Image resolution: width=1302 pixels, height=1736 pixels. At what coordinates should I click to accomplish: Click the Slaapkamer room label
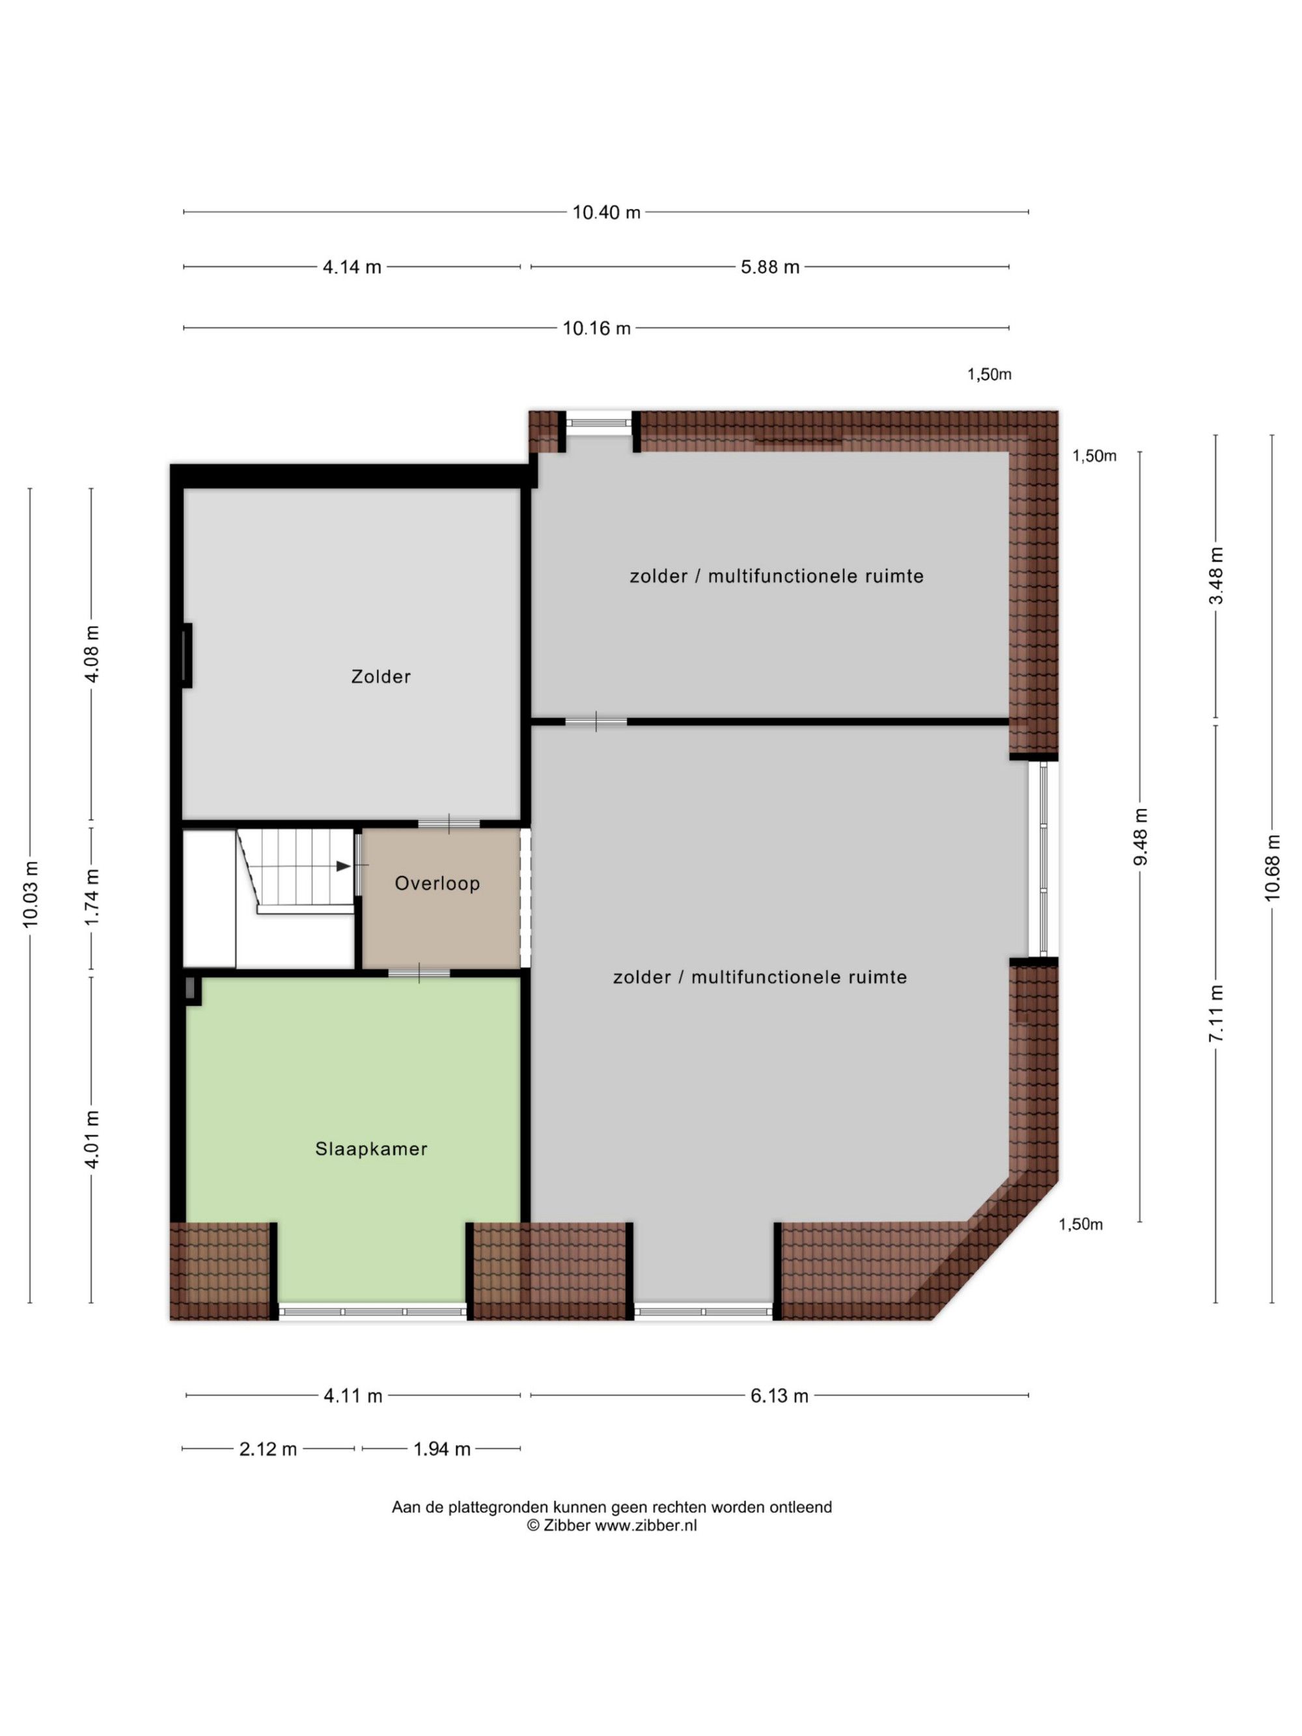[371, 1149]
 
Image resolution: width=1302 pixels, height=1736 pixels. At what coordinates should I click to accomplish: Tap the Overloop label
[437, 884]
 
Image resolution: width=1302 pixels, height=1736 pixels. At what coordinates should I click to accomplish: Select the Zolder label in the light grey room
[381, 676]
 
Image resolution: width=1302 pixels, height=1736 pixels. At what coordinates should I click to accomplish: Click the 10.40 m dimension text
[606, 212]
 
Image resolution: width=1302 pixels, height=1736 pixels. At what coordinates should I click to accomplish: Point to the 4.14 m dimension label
[352, 267]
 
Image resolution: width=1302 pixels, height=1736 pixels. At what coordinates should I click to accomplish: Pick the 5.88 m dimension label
[770, 267]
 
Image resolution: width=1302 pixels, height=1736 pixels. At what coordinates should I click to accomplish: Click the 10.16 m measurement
[596, 328]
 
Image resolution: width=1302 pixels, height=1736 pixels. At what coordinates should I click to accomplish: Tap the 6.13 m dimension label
[779, 1396]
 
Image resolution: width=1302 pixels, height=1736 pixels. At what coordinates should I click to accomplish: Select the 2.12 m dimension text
[268, 1450]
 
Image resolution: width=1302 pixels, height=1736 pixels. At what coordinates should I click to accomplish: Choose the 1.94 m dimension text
[442, 1450]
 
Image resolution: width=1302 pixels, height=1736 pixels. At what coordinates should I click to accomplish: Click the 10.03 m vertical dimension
[31, 894]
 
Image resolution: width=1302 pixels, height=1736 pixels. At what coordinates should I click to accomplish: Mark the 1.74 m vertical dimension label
[92, 897]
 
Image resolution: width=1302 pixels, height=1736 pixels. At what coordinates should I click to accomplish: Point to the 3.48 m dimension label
[1217, 575]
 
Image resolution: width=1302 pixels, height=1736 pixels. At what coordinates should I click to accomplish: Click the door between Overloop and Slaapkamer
[419, 974]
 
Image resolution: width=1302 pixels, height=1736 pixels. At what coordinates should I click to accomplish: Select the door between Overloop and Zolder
[449, 823]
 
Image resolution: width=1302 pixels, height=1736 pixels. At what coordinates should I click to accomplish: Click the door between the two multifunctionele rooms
[596, 721]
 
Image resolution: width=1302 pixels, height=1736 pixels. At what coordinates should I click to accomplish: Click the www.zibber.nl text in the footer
[646, 1526]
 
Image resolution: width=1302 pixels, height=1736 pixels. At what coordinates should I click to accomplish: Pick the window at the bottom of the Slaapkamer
[373, 1312]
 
